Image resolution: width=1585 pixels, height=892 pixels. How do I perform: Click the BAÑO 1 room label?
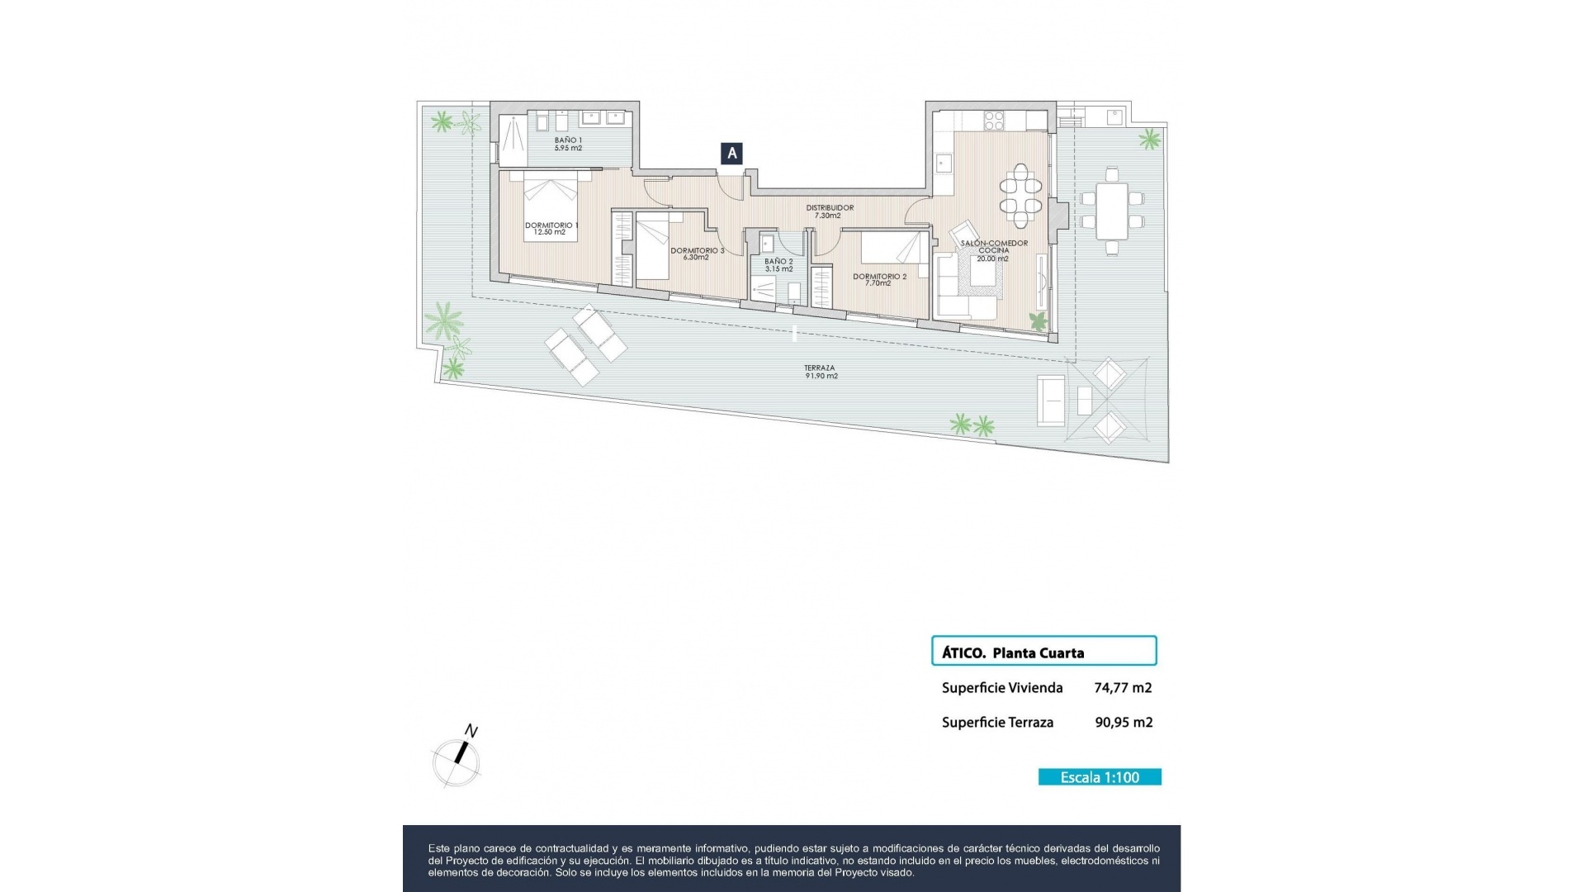568,144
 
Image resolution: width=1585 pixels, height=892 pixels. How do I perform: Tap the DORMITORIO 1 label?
551,229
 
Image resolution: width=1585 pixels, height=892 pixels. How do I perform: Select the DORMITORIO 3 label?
697,254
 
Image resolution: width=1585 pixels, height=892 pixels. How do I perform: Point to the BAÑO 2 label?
778,265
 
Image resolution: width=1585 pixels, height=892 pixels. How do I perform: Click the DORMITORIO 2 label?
879,280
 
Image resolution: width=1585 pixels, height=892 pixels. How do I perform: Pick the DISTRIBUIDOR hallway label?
829,211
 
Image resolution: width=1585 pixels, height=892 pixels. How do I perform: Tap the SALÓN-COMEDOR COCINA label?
994,250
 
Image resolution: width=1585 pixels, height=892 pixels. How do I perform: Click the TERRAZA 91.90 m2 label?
821,372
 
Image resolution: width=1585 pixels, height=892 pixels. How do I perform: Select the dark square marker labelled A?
731,153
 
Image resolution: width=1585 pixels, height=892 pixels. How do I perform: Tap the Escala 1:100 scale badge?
1100,777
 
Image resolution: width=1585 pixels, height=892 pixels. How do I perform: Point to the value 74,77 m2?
1123,687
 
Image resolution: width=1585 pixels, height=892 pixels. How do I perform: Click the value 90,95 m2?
1124,722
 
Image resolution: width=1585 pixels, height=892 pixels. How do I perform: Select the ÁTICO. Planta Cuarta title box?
1043,651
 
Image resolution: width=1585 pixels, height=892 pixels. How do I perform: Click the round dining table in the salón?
1021,196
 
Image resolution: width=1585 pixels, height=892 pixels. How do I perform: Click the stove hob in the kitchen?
994,121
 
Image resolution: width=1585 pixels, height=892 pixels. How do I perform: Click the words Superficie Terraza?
997,722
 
